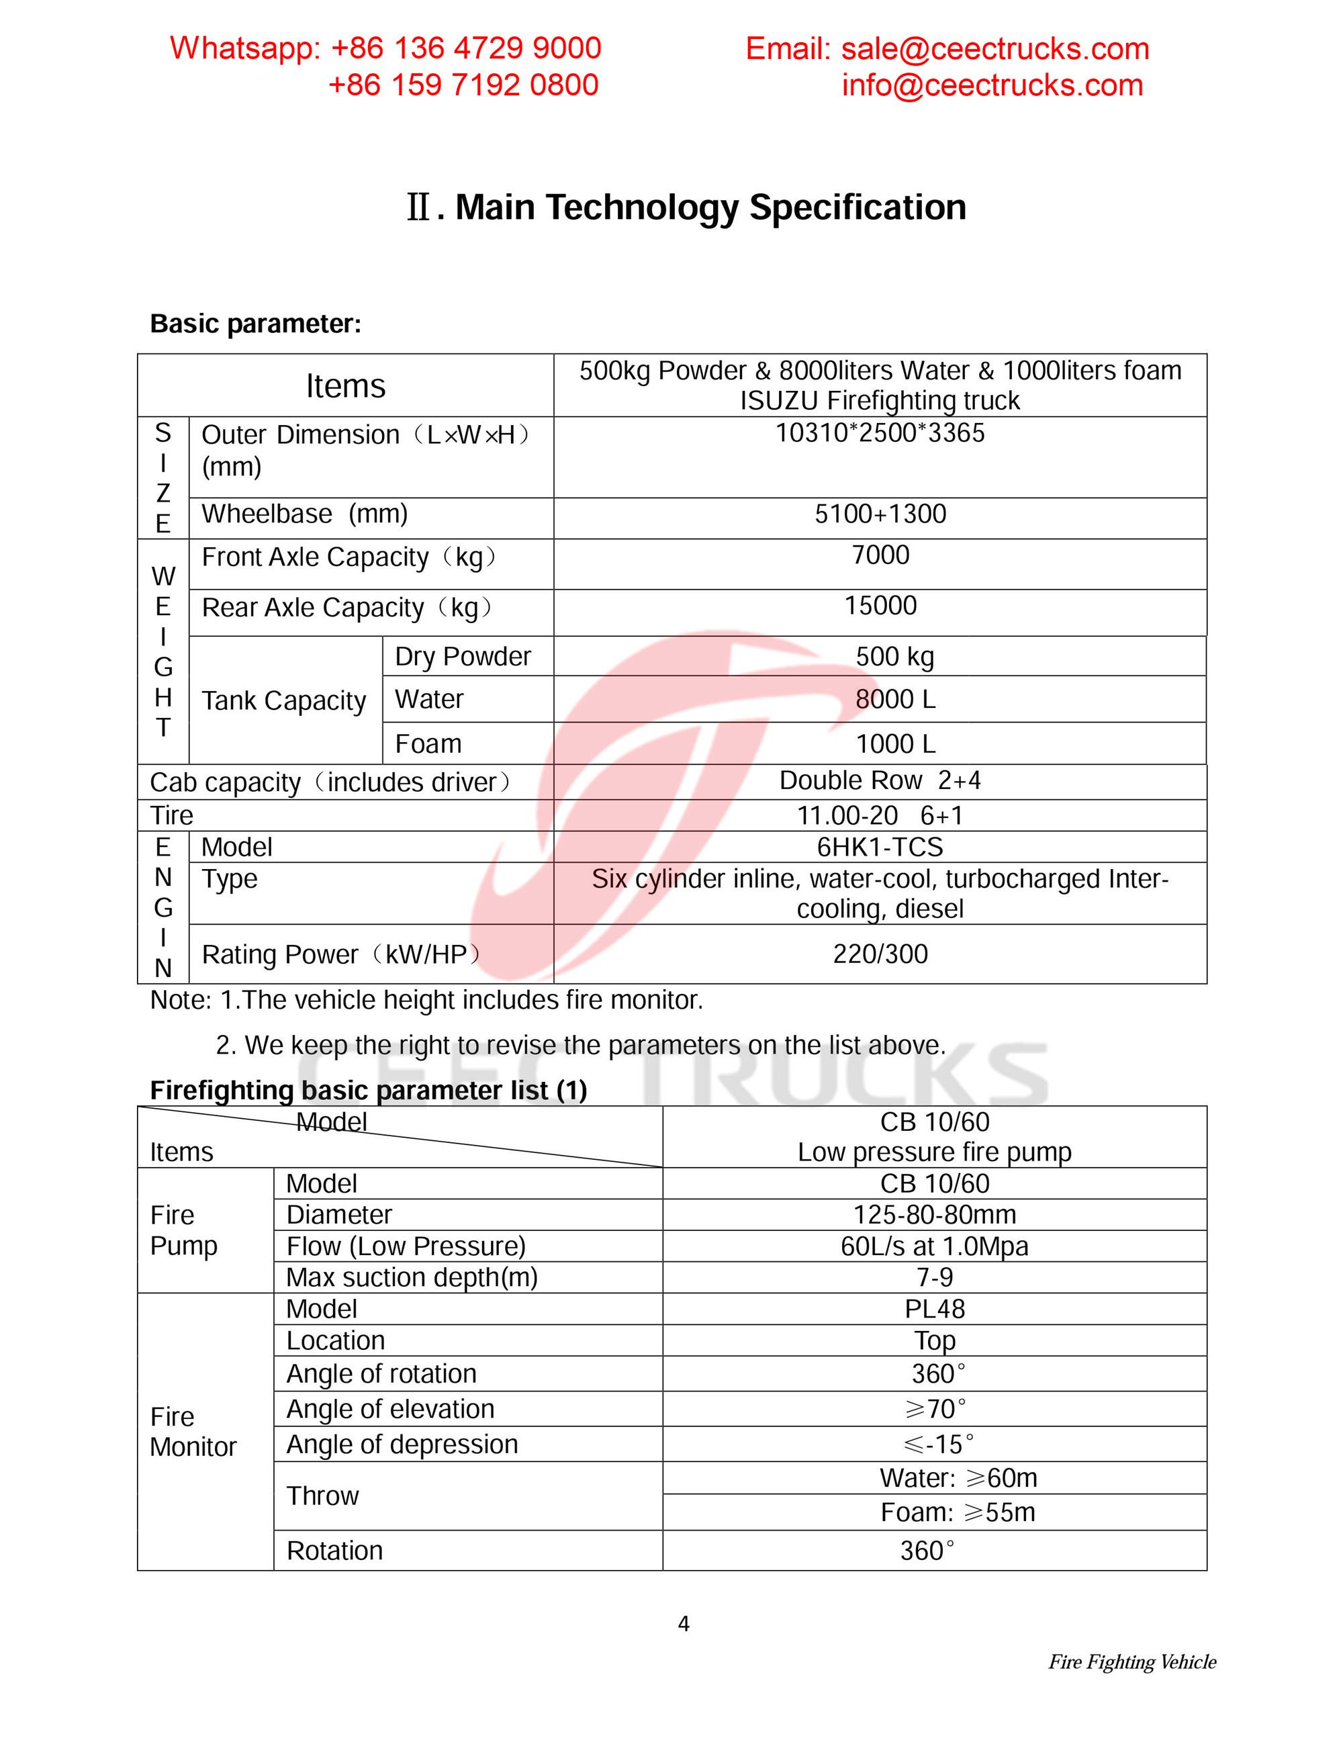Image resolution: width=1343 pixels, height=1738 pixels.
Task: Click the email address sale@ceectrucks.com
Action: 994,49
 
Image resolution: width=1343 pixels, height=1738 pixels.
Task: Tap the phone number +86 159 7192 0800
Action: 463,85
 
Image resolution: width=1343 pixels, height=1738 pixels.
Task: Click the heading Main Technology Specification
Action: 710,207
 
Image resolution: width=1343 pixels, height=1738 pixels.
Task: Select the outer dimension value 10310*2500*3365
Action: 880,433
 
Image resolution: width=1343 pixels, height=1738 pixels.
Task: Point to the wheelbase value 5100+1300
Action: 880,514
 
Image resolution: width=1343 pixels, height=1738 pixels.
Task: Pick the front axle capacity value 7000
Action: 880,555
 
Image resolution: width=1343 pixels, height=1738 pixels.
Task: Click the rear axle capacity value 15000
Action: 880,606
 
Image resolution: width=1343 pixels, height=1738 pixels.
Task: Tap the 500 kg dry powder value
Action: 895,657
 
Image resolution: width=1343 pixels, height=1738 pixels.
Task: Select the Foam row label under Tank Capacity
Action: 428,744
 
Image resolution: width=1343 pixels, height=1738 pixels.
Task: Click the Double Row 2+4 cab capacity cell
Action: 880,780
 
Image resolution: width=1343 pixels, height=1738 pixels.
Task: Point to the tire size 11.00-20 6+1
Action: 880,816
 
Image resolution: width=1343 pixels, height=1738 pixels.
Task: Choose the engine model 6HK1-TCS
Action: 880,847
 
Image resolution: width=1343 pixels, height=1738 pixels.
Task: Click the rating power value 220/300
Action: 880,954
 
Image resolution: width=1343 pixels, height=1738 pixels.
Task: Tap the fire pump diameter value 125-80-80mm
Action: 934,1215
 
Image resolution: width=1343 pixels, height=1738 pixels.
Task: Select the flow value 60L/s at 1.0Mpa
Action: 934,1246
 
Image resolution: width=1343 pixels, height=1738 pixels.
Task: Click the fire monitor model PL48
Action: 934,1309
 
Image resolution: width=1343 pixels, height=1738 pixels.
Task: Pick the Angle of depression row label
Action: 402,1445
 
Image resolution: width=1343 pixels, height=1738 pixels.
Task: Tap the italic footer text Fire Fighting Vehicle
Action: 1131,1661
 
